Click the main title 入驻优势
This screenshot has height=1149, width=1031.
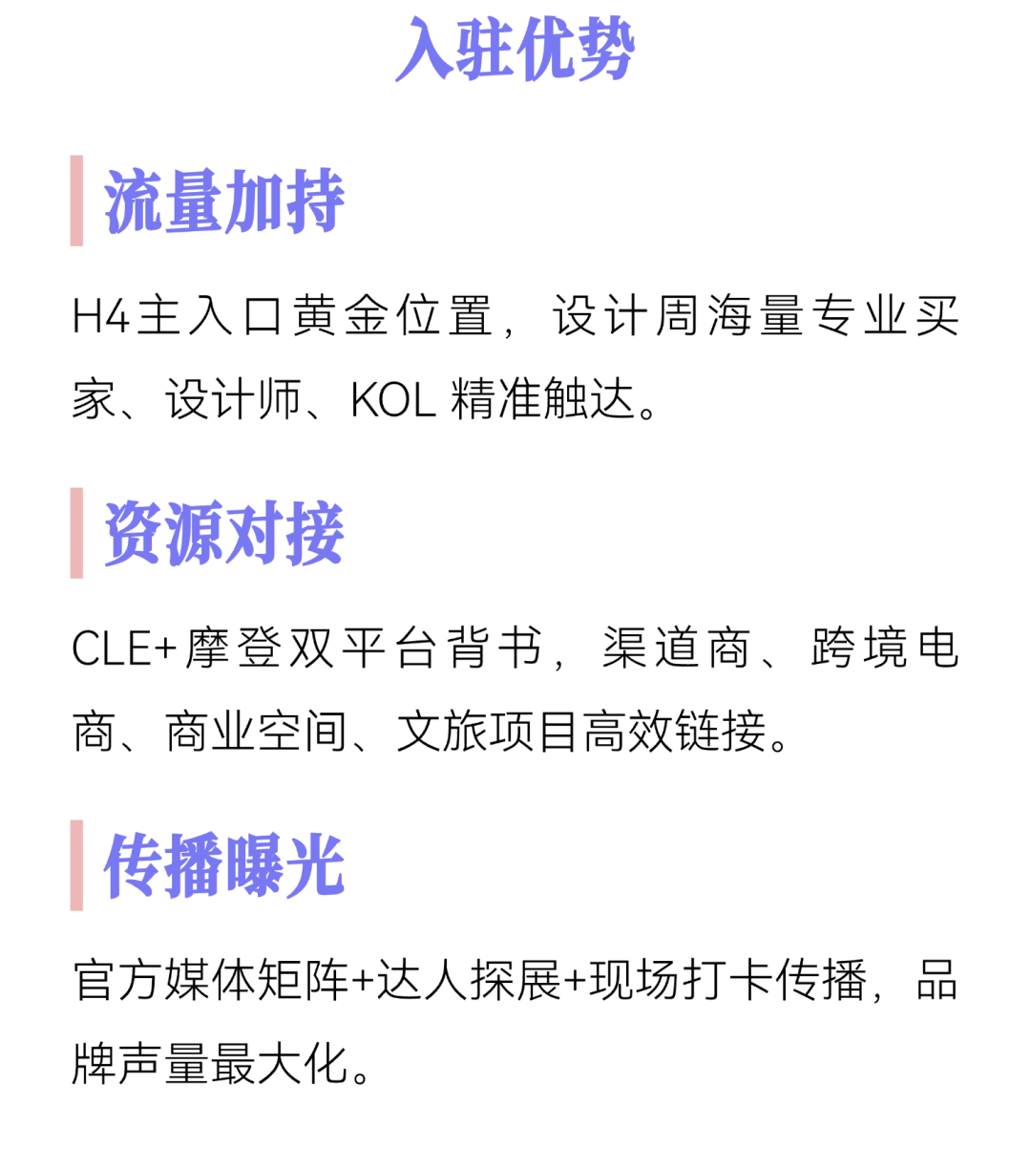click(515, 49)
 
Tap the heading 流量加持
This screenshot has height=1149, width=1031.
click(224, 201)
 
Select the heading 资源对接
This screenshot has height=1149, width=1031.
click(224, 533)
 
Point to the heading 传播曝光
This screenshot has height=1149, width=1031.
click(224, 865)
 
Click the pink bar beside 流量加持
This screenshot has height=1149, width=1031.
click(76, 201)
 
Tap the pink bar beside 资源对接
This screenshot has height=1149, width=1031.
click(76, 533)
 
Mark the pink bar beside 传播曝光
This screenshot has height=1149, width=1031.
click(76, 865)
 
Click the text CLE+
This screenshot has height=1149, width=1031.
click(125, 649)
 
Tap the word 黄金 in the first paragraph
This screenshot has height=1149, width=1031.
click(341, 315)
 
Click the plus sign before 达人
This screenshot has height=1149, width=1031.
click(363, 981)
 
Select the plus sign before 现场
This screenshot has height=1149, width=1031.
click(575, 981)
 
